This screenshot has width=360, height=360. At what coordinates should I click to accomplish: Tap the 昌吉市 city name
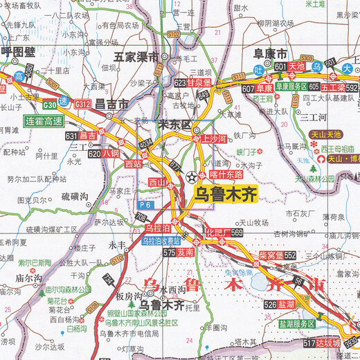click(x=113, y=105)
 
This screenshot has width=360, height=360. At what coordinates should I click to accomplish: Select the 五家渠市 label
click(x=137, y=57)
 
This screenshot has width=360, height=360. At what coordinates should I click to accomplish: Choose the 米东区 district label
click(x=174, y=125)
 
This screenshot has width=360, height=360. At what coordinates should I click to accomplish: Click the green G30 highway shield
click(x=49, y=105)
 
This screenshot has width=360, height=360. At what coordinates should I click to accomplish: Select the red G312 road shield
click(x=84, y=104)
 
